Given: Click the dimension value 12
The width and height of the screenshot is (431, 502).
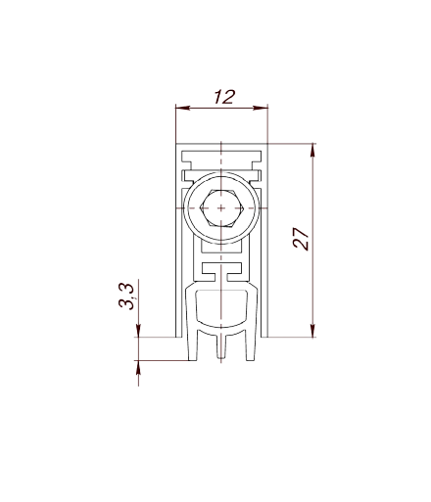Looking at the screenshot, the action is [224, 97].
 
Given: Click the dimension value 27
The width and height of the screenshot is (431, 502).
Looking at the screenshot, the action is [301, 239].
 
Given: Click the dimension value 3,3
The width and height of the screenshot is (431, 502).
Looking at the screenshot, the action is [126, 297].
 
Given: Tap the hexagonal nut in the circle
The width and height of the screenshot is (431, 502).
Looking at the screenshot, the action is [221, 208].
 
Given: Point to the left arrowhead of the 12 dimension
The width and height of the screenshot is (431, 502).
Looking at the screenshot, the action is [183, 108].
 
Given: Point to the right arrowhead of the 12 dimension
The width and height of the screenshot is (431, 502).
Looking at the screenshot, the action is [261, 108].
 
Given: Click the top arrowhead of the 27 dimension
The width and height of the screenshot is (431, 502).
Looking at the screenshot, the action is [312, 151].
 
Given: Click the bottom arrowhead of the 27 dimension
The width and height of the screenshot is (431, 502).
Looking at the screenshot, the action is [312, 330].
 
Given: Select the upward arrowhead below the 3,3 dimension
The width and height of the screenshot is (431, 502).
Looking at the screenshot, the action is [138, 368].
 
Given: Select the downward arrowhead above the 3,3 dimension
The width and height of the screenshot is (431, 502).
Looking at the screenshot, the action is [138, 330].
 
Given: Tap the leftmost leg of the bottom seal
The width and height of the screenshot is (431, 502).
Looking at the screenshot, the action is [193, 345].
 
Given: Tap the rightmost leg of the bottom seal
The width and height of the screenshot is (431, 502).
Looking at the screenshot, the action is [250, 345].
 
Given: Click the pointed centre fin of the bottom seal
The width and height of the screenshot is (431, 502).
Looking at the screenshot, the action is [221, 347].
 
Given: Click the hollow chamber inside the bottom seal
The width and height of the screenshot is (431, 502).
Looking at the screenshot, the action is [221, 307].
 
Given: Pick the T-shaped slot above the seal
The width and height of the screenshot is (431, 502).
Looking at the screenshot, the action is [221, 272].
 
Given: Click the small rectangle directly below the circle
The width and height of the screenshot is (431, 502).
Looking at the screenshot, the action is [221, 248].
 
